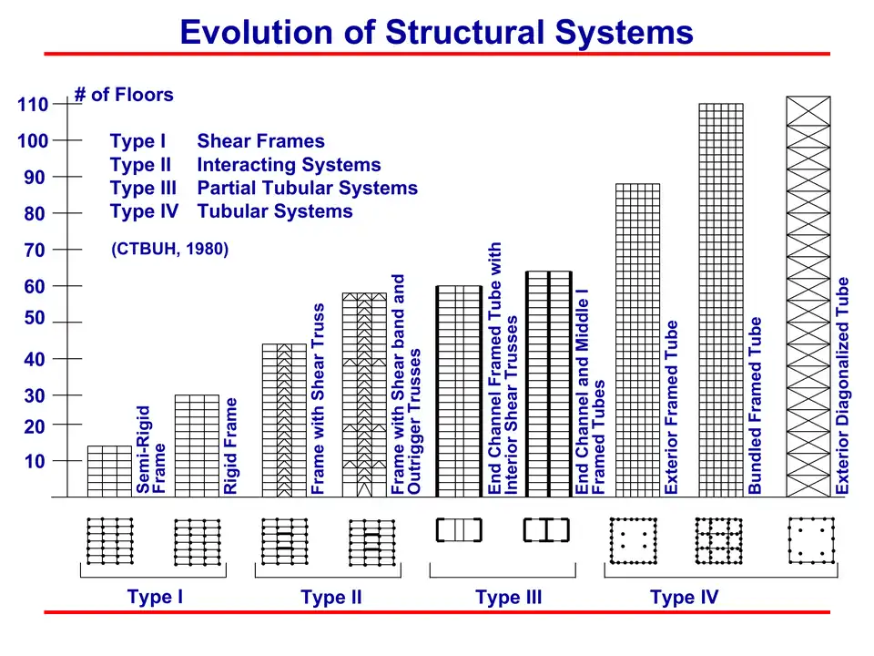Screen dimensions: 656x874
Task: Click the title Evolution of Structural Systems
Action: click(x=436, y=32)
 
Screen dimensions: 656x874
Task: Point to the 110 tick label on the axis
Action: click(x=32, y=105)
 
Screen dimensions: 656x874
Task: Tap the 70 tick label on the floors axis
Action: click(x=35, y=250)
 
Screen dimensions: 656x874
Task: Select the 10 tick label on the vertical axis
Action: click(x=35, y=461)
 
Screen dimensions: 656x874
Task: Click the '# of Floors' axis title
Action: click(x=123, y=95)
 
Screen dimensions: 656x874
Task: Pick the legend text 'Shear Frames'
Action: click(x=260, y=141)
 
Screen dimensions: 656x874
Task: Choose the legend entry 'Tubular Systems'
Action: click(x=274, y=211)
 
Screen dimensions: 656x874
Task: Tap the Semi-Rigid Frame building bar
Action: click(x=109, y=471)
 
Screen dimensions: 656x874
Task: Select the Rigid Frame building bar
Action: click(x=197, y=446)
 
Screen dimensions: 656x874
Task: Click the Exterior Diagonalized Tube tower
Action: click(x=808, y=296)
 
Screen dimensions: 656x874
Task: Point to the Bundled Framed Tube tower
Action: click(x=721, y=300)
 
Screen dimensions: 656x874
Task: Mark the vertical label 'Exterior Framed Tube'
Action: click(x=672, y=406)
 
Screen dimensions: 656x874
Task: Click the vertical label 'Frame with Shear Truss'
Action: click(x=319, y=399)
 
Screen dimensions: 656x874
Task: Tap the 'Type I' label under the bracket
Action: click(x=155, y=598)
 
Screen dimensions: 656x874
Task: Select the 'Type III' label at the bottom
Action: click(x=508, y=598)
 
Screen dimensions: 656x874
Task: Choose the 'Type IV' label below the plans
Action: click(x=684, y=598)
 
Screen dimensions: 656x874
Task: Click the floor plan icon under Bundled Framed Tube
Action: click(x=720, y=541)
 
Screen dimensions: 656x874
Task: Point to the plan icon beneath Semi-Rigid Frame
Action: click(x=109, y=541)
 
